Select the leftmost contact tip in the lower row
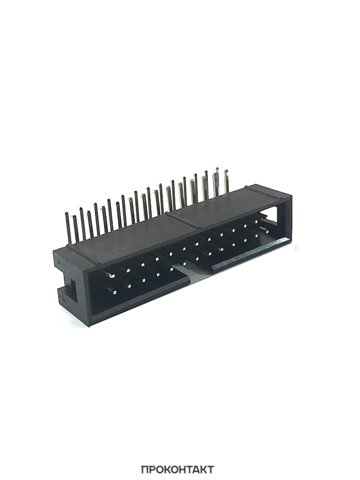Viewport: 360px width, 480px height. (x=115, y=292)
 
